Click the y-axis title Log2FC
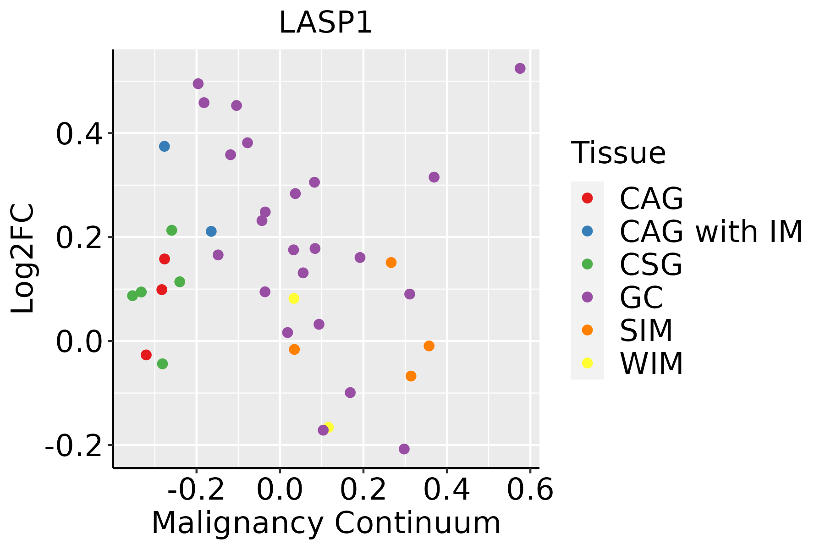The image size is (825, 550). [x=23, y=259]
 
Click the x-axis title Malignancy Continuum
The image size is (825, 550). [x=325, y=522]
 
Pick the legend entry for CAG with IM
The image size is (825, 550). [x=710, y=231]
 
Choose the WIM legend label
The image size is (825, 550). [x=651, y=364]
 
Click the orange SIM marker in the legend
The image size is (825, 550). [x=587, y=330]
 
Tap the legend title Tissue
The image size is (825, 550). [x=618, y=153]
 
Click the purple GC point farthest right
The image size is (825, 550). [x=520, y=68]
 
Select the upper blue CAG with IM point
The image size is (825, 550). [x=165, y=146]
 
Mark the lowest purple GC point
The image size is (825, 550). [x=404, y=449]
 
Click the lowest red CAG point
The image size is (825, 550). [x=146, y=355]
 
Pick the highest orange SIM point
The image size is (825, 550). [x=391, y=263]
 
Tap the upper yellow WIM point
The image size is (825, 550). [x=294, y=298]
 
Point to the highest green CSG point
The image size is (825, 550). [x=171, y=230]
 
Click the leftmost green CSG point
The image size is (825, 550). [x=132, y=296]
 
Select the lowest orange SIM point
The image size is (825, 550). [x=411, y=376]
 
